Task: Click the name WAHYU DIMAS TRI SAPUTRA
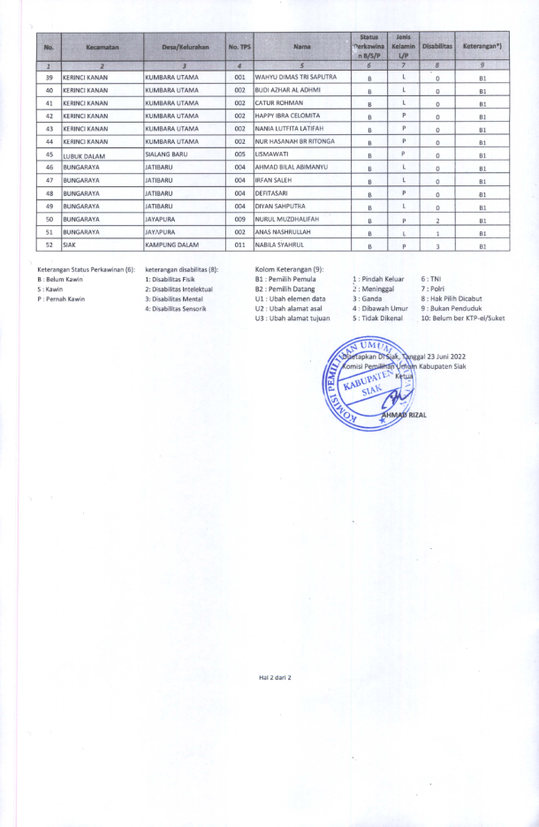295,78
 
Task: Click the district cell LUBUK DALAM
84,155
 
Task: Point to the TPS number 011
239,246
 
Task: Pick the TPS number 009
239,220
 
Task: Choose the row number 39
49,78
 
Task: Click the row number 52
49,246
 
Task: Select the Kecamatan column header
102,46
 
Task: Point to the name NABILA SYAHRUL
282,246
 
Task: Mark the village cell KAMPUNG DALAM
173,246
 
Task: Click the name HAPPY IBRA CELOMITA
287,116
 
